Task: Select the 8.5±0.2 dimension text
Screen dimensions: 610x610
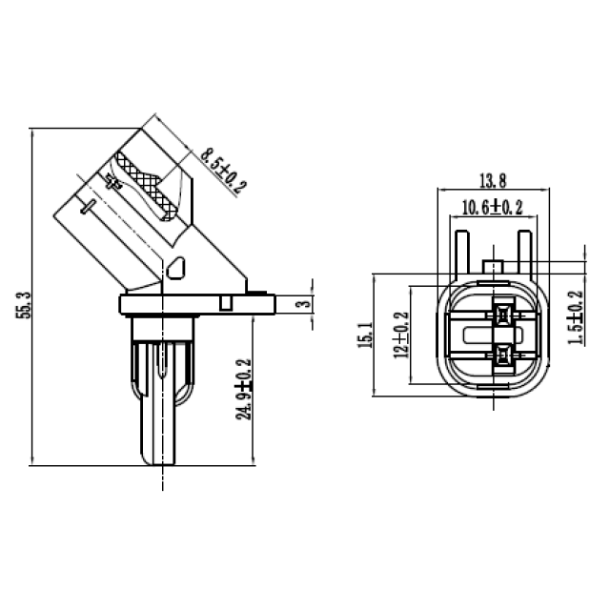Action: (x=221, y=170)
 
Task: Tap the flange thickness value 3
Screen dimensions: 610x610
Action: (x=300, y=304)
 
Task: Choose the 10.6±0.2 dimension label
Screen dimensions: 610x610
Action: (x=492, y=207)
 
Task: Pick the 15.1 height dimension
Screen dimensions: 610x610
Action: (x=364, y=335)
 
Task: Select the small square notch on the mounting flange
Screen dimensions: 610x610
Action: (x=226, y=302)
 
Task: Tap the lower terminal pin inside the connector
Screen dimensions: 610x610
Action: (x=499, y=357)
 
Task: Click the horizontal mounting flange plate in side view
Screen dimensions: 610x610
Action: (x=196, y=304)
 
